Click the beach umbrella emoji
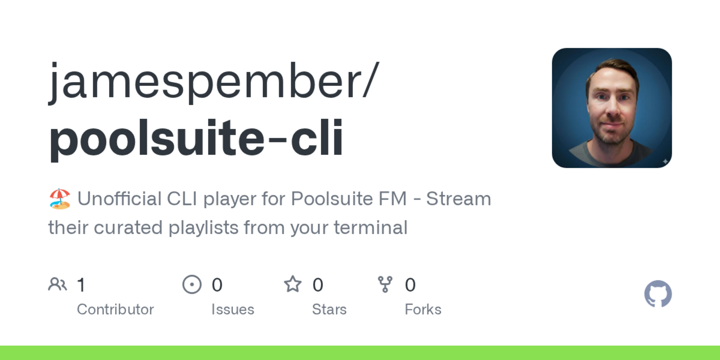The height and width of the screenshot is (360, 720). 60,199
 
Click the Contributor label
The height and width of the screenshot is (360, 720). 115,309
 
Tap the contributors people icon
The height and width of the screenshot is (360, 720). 58,284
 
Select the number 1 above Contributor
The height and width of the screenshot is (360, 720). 81,284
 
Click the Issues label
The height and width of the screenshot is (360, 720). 232,309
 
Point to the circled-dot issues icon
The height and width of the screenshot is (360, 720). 192,284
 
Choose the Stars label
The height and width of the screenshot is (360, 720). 329,309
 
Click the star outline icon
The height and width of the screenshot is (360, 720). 293,284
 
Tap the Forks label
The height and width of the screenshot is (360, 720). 423,309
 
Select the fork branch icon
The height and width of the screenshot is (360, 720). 385,284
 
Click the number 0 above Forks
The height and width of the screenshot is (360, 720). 410,284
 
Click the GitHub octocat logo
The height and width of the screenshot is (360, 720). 658,294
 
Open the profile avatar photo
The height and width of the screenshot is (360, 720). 611,108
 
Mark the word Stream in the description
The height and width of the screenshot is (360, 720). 458,199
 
